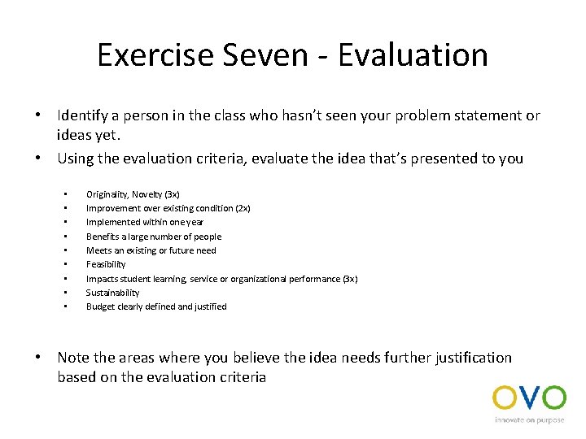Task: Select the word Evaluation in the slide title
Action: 413,54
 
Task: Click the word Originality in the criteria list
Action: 106,194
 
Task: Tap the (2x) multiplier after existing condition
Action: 243,208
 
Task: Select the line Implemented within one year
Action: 145,222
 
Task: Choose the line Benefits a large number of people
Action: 153,237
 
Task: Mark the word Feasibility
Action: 106,264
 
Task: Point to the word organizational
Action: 256,279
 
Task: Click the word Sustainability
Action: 112,293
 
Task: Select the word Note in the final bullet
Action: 73,358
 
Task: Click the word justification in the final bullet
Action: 471,358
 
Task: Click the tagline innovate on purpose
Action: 530,420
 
